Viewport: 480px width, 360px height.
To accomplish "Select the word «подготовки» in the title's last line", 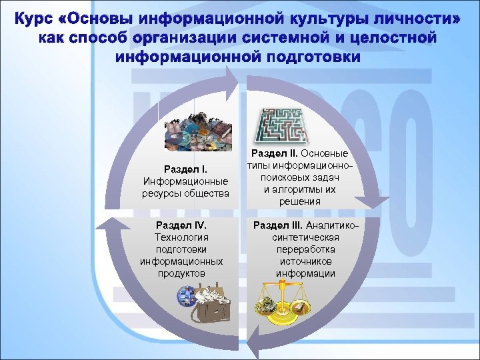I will [314, 57].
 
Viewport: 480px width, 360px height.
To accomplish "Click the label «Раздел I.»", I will [185, 169].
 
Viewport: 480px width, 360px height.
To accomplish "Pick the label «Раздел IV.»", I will [181, 225].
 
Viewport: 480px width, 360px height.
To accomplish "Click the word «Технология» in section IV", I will [181, 237].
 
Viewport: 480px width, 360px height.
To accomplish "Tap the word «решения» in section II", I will [300, 201].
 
